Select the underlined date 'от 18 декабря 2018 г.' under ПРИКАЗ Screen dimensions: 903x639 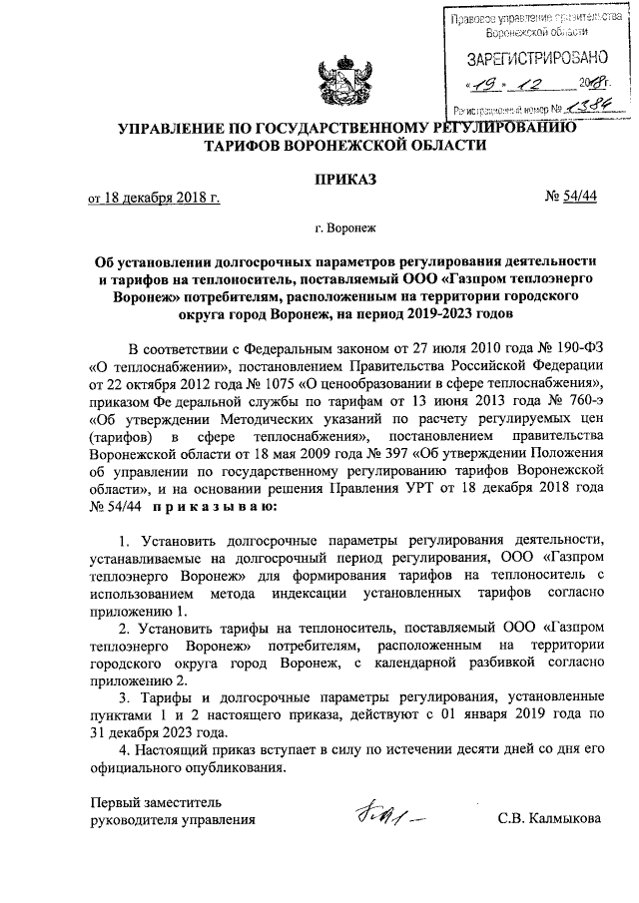154,199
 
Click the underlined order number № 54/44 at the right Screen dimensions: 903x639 570,199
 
